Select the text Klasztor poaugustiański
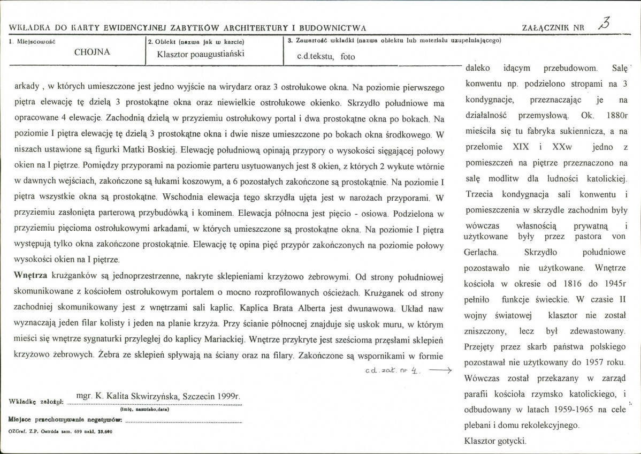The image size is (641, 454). tap(201, 54)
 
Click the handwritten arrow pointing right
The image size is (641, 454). tap(440, 370)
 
